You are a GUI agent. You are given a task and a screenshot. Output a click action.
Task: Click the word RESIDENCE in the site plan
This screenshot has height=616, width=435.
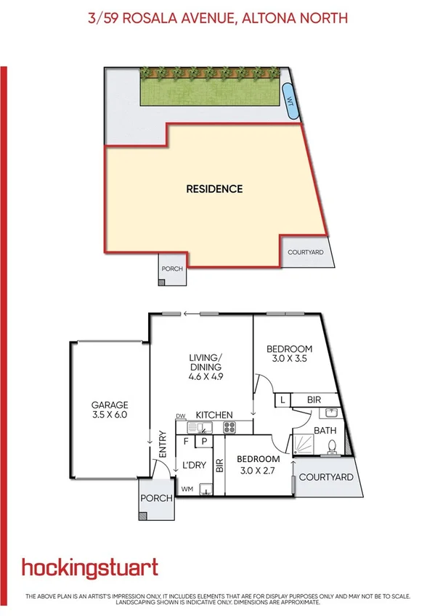click(x=214, y=189)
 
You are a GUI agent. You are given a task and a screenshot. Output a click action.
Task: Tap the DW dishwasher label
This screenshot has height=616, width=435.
click(x=181, y=416)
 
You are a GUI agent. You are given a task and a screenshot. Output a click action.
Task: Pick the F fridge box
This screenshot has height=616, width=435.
click(x=187, y=440)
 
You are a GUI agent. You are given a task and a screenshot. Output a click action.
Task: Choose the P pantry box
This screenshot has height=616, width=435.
click(x=205, y=440)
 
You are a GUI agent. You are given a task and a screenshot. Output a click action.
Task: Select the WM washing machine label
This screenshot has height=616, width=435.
click(x=187, y=488)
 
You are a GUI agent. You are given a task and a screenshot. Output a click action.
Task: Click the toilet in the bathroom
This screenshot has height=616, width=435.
click(x=332, y=445)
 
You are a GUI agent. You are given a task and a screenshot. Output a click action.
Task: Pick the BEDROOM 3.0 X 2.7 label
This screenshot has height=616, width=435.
click(x=258, y=464)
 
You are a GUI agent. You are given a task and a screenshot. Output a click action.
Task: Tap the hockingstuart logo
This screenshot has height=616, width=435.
click(x=90, y=567)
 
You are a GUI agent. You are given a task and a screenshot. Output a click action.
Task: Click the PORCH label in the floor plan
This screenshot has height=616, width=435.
click(x=157, y=498)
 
